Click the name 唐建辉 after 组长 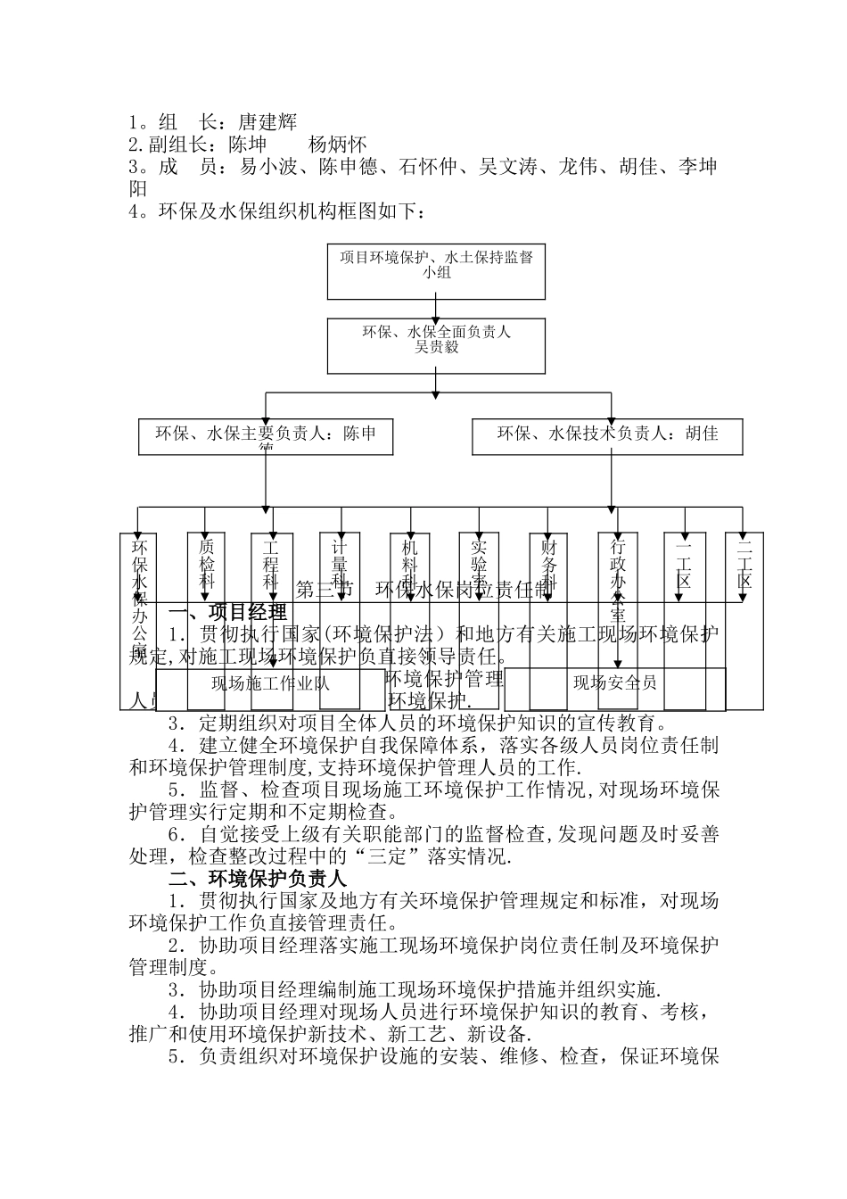[267, 122]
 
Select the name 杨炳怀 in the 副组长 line [338, 145]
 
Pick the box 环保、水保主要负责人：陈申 [266, 436]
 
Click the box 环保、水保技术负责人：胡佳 [609, 435]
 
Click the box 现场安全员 [614, 684]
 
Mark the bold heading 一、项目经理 [227, 613]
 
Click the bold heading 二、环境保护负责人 [251, 879]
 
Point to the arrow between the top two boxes [436, 310]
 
